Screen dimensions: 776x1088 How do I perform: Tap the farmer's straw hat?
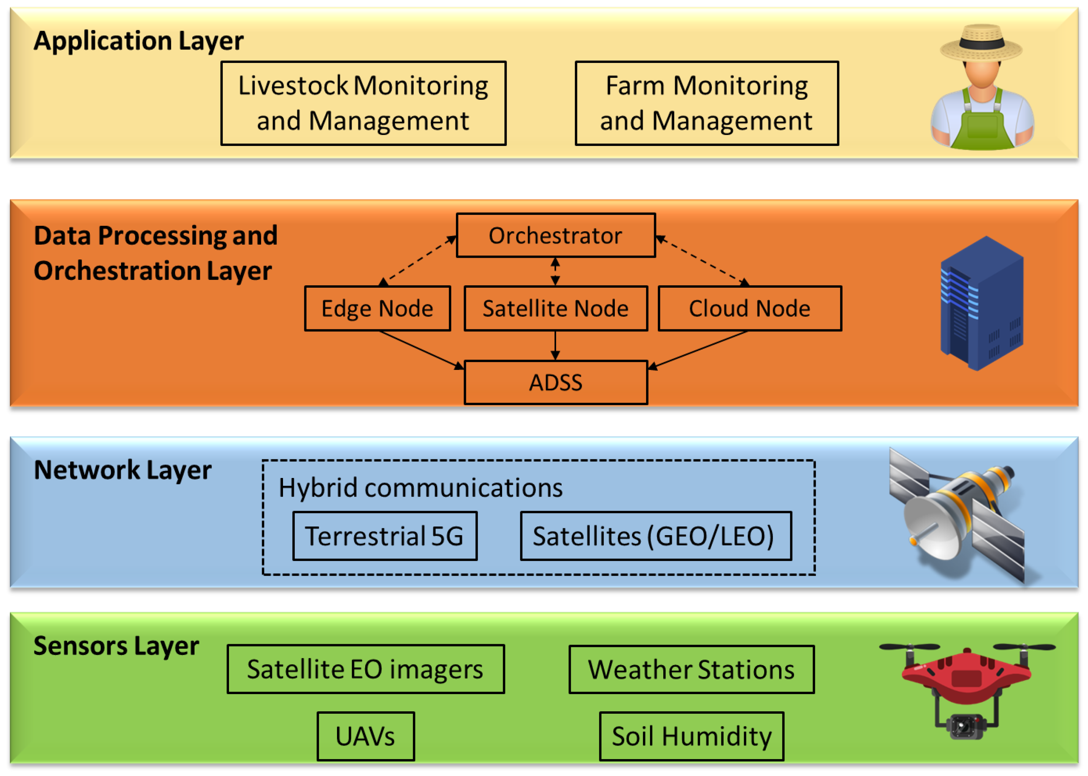[981, 43]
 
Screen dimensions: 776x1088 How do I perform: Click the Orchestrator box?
[555, 235]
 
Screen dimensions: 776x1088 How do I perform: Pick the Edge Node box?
[377, 308]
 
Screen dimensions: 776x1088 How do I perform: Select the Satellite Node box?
[555, 308]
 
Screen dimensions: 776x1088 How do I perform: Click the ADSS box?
[555, 382]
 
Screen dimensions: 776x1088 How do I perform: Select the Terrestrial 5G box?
[384, 536]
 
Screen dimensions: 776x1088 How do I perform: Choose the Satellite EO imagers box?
[365, 669]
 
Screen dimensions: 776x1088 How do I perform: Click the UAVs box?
[365, 736]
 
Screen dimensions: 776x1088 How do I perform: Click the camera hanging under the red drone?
[965, 726]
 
